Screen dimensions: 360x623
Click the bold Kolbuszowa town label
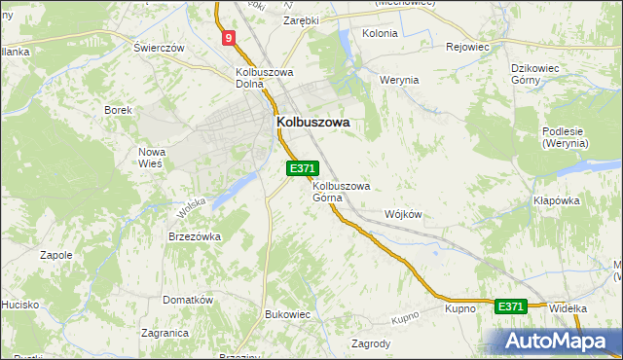pos(313,123)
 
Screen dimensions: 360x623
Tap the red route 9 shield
pos(228,39)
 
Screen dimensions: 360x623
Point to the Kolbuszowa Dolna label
pos(265,78)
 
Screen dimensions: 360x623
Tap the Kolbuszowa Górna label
pos(341,192)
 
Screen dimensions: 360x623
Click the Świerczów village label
pos(160,48)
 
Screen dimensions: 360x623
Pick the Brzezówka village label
pos(196,236)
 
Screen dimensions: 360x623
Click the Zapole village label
pos(55,255)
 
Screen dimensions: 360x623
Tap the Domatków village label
pos(188,300)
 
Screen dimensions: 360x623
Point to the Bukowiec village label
pos(287,314)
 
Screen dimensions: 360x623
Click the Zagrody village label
pos(371,343)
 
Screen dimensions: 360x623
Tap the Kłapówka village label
pos(557,200)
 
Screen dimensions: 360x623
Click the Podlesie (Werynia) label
pos(566,136)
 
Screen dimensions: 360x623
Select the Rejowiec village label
pos(467,47)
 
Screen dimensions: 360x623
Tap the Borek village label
pos(119,110)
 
